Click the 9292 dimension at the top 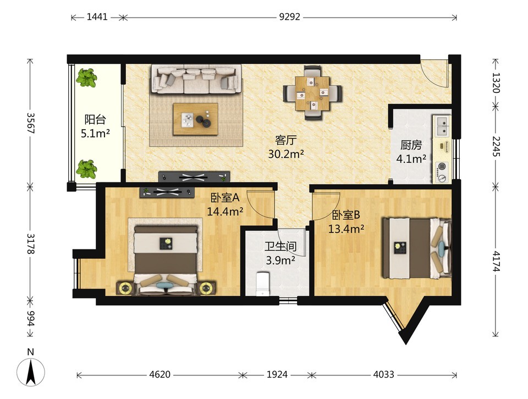[x=289, y=17]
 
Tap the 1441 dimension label [x=97, y=17]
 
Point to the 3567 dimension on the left [x=31, y=123]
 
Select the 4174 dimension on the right [x=496, y=261]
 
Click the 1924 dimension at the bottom [x=277, y=374]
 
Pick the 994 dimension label [x=31, y=318]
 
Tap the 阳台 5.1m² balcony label [x=95, y=126]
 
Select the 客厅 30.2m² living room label [x=286, y=147]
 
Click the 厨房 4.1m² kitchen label [x=411, y=152]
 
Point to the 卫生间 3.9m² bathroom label [x=280, y=253]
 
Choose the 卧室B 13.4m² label [x=346, y=221]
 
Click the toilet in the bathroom [x=262, y=284]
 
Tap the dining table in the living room [x=312, y=93]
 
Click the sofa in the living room [x=197, y=79]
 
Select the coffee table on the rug [x=196, y=119]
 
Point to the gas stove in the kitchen [x=442, y=170]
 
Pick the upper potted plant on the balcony [x=86, y=77]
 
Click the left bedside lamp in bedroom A [x=125, y=289]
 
